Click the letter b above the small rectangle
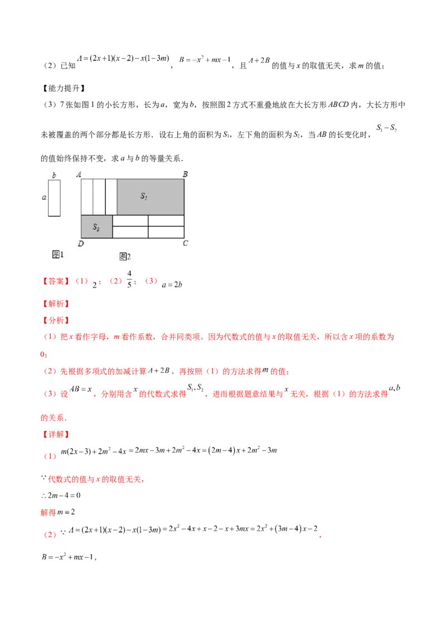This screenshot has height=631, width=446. point(54,176)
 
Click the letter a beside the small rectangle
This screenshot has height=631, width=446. point(43,197)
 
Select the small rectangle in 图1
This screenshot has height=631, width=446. point(54,198)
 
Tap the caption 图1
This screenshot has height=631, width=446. point(57,254)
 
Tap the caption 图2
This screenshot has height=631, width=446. point(125,256)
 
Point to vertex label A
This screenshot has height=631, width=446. point(79,174)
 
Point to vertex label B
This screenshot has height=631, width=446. point(185,174)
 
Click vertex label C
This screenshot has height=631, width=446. point(185,243)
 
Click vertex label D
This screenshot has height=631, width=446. point(81,244)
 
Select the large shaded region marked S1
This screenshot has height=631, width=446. point(151,197)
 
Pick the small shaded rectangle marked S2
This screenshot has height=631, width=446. point(96,227)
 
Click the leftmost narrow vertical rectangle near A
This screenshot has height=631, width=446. point(87,197)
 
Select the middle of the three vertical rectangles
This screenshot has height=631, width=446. point(99,197)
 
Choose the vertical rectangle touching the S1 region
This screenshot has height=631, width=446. point(111,197)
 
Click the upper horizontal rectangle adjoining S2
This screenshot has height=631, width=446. point(130,221)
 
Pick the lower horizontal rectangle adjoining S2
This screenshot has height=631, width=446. point(130,232)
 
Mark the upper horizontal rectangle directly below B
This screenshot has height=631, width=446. point(166,221)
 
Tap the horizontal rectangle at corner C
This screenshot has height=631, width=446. point(166,232)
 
